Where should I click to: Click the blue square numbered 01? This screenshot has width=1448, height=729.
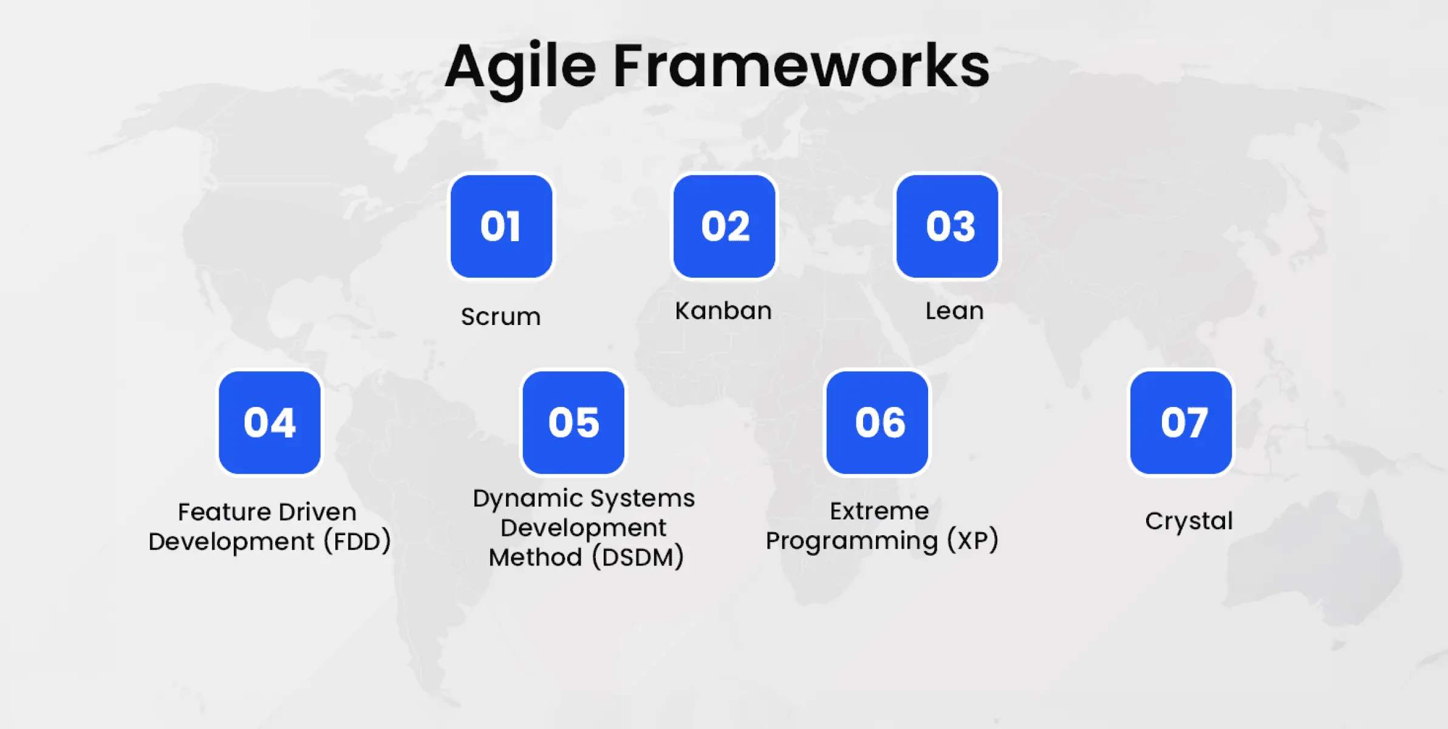(501, 227)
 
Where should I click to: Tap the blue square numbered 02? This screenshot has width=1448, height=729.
(724, 227)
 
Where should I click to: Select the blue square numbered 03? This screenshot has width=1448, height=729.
(948, 227)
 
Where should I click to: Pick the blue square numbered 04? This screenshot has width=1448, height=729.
(270, 423)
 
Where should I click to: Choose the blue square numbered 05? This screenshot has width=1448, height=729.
(573, 423)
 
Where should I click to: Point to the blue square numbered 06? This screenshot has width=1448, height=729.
(877, 423)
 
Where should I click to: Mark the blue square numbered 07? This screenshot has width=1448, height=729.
(1181, 423)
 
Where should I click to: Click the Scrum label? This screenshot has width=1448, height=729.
(500, 317)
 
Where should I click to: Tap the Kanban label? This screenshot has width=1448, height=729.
(723, 311)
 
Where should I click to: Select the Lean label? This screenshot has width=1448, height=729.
(954, 311)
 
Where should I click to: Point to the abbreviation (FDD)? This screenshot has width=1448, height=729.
(357, 541)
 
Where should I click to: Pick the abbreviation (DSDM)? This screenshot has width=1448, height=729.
(638, 557)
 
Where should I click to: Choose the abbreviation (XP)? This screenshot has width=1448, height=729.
(973, 540)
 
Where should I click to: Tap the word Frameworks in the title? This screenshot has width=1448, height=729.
(801, 65)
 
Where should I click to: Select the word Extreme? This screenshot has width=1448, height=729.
(879, 511)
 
